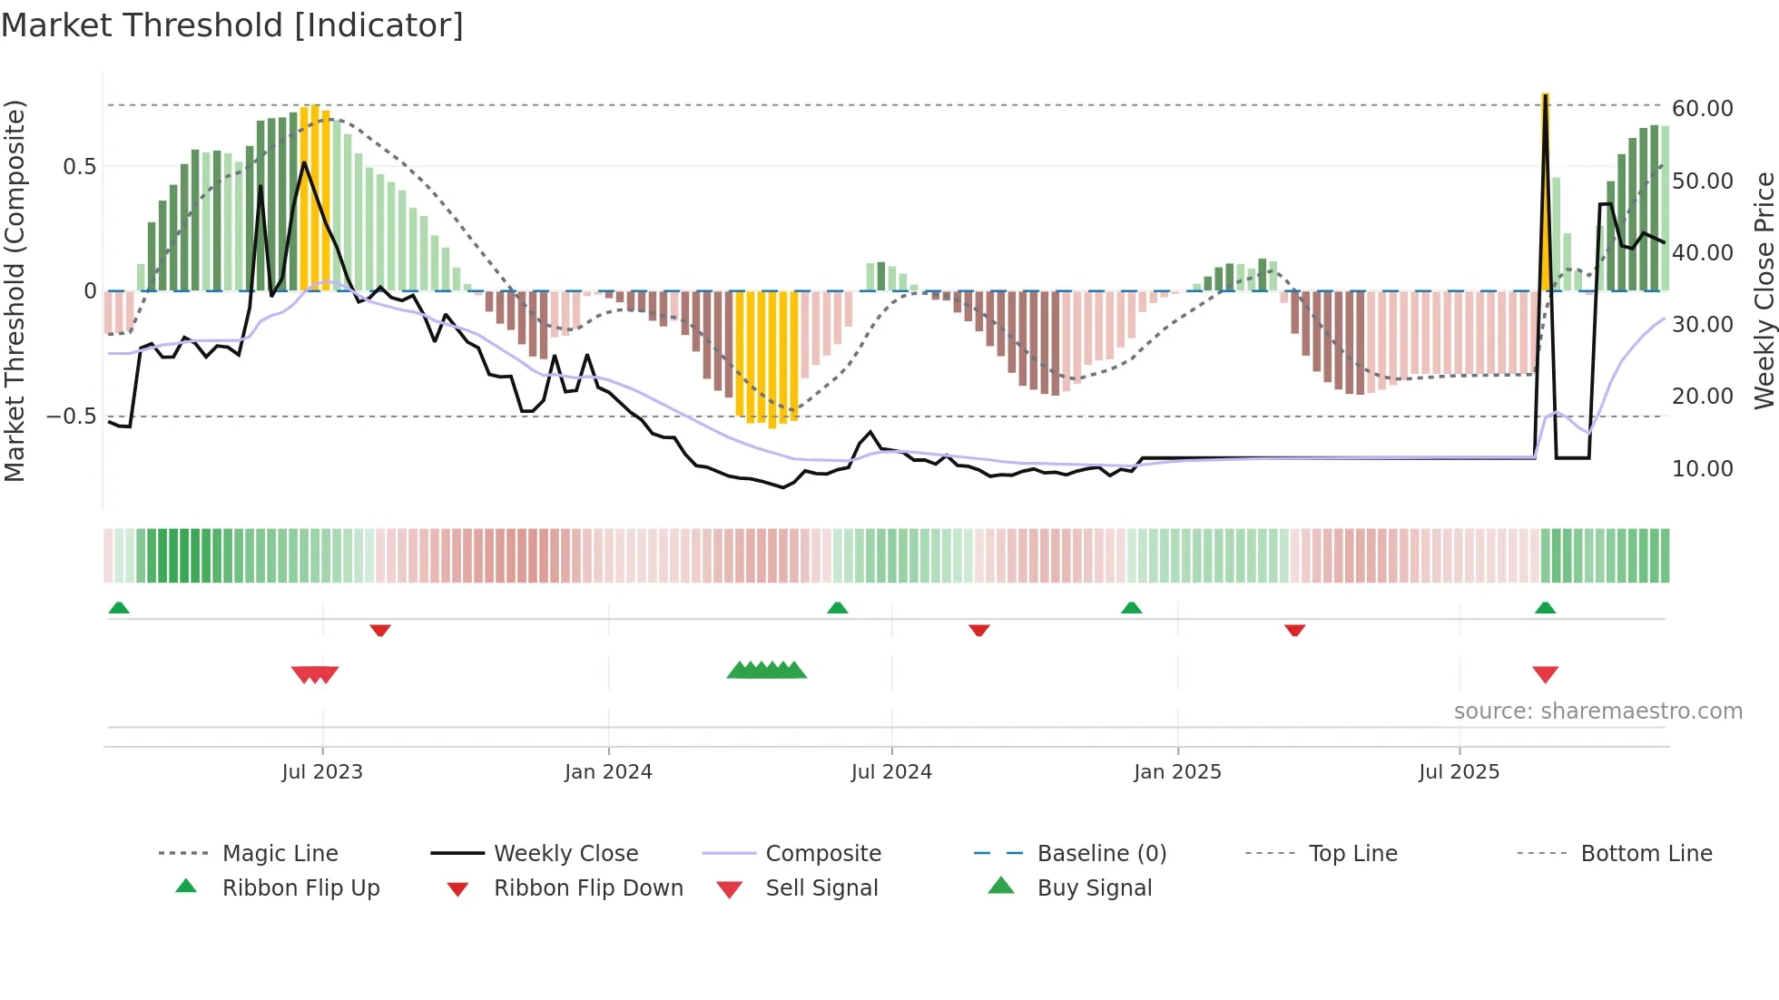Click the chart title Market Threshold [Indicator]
click(232, 25)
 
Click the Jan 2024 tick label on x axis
click(608, 771)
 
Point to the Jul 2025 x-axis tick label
click(1459, 771)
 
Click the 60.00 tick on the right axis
click(1702, 109)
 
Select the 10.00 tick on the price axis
click(1702, 468)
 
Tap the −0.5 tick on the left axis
click(71, 417)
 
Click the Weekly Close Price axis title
click(1764, 290)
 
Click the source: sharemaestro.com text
click(1597, 711)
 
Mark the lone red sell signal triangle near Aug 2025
click(1545, 674)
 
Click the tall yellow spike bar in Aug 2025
click(1545, 191)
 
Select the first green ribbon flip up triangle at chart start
click(119, 607)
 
